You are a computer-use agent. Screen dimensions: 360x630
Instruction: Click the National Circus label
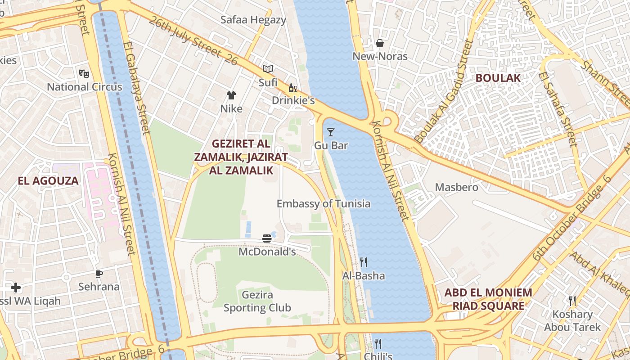click(85, 87)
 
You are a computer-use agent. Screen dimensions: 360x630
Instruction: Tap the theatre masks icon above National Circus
click(83, 72)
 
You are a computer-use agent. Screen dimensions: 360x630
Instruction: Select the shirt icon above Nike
click(231, 95)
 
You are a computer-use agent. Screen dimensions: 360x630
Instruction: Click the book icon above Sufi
click(268, 69)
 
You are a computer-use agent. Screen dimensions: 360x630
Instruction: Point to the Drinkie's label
click(293, 100)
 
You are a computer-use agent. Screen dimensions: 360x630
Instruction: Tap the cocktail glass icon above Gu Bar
click(331, 132)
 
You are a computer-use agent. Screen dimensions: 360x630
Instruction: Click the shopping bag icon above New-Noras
click(380, 43)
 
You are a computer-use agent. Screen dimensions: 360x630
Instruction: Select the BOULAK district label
click(498, 77)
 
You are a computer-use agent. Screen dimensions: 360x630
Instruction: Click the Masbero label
click(456, 187)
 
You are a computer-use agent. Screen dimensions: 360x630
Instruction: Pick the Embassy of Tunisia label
click(324, 203)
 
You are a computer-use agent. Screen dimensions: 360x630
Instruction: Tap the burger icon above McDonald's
click(267, 238)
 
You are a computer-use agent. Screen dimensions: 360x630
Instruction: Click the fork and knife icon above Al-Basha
click(364, 262)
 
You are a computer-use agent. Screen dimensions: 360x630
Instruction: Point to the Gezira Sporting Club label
click(257, 301)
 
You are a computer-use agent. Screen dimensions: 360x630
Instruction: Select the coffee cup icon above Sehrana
click(99, 273)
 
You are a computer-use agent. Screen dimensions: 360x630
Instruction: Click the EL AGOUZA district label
click(48, 181)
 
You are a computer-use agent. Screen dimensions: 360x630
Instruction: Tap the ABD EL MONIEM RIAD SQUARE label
click(488, 299)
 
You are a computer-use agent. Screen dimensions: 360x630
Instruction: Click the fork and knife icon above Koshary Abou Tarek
click(572, 301)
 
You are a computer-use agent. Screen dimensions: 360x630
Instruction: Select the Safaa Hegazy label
click(253, 20)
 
